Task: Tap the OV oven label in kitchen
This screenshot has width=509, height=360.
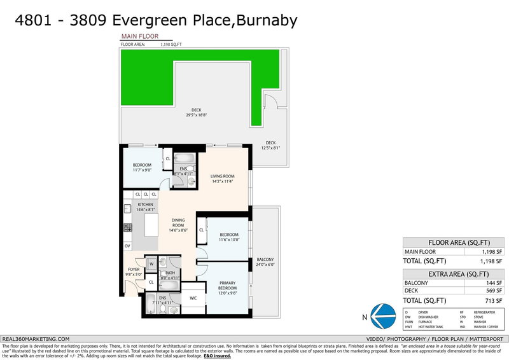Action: click(x=127, y=246)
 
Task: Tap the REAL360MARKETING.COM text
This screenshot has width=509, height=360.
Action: click(x=36, y=339)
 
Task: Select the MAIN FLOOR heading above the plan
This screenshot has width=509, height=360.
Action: click(x=140, y=37)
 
